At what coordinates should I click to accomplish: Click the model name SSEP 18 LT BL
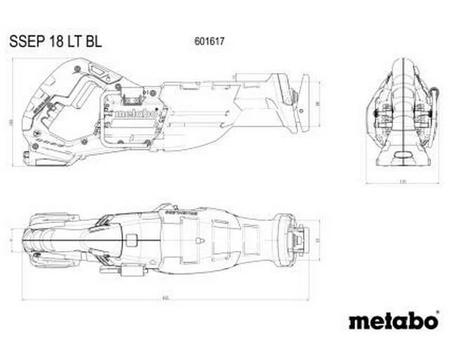pos(56,41)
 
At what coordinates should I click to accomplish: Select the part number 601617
pos(205,41)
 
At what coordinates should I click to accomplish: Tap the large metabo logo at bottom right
pos(393,321)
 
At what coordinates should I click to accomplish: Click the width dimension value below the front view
pos(402,183)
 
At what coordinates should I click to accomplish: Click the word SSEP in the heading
pos(25,41)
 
